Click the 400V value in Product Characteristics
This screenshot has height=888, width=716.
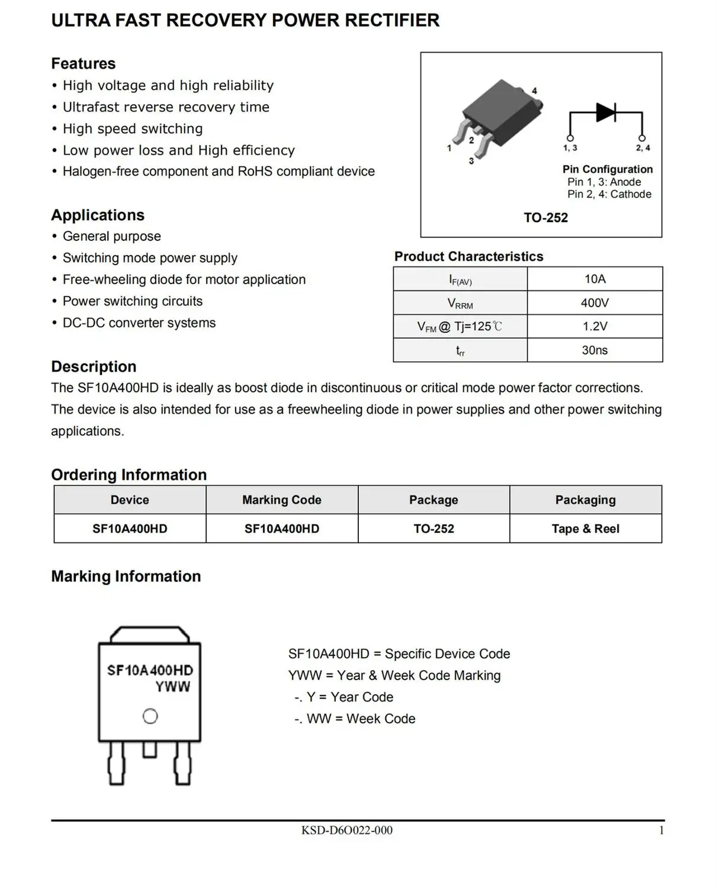tap(595, 303)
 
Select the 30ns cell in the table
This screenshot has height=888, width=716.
tap(595, 350)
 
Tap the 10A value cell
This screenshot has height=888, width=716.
tap(595, 279)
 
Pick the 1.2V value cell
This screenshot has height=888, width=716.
tap(595, 326)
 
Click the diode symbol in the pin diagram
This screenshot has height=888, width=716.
tap(605, 111)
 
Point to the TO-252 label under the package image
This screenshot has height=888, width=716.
tap(545, 218)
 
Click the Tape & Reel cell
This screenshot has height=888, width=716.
tap(585, 529)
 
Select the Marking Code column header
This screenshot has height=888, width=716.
tap(282, 500)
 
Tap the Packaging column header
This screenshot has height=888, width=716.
tap(585, 500)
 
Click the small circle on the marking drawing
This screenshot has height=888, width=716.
tap(150, 716)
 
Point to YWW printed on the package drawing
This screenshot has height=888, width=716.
tap(172, 687)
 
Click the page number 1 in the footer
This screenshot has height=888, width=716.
tap(661, 831)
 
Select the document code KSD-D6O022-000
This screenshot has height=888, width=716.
tap(346, 831)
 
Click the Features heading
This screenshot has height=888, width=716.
tap(84, 63)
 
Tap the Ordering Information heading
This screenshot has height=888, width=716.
tap(129, 475)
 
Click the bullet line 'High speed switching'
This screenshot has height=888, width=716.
tap(133, 128)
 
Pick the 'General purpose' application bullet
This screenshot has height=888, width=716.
tap(112, 236)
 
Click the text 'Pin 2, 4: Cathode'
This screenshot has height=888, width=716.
tap(609, 194)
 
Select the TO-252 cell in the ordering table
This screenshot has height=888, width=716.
tap(434, 529)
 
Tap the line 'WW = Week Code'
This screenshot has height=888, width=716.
tap(361, 719)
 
